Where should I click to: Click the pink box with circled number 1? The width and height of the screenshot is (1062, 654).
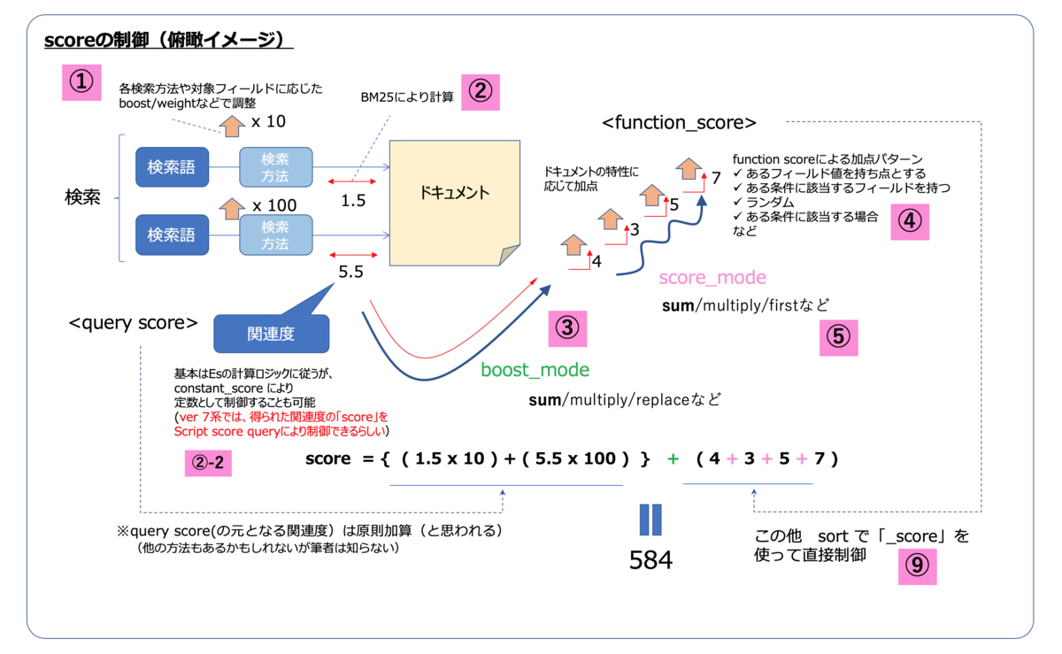(x=81, y=81)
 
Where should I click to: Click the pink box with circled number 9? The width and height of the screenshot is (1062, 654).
(x=917, y=565)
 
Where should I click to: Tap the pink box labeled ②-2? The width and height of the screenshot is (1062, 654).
(x=208, y=461)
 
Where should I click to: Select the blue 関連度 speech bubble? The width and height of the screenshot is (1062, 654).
(x=271, y=334)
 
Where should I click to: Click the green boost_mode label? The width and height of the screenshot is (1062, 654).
(x=535, y=370)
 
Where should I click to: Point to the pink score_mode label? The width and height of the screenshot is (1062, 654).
(x=712, y=277)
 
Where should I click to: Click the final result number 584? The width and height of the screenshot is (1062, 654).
(x=650, y=559)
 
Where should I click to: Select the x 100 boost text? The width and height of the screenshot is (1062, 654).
(x=273, y=205)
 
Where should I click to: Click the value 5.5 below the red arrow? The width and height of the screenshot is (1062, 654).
(x=350, y=273)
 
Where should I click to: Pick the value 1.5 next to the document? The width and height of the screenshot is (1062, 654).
(x=352, y=200)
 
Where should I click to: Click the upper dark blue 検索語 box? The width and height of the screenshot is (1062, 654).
(x=173, y=166)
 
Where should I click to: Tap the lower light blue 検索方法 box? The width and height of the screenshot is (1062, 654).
(x=276, y=235)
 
